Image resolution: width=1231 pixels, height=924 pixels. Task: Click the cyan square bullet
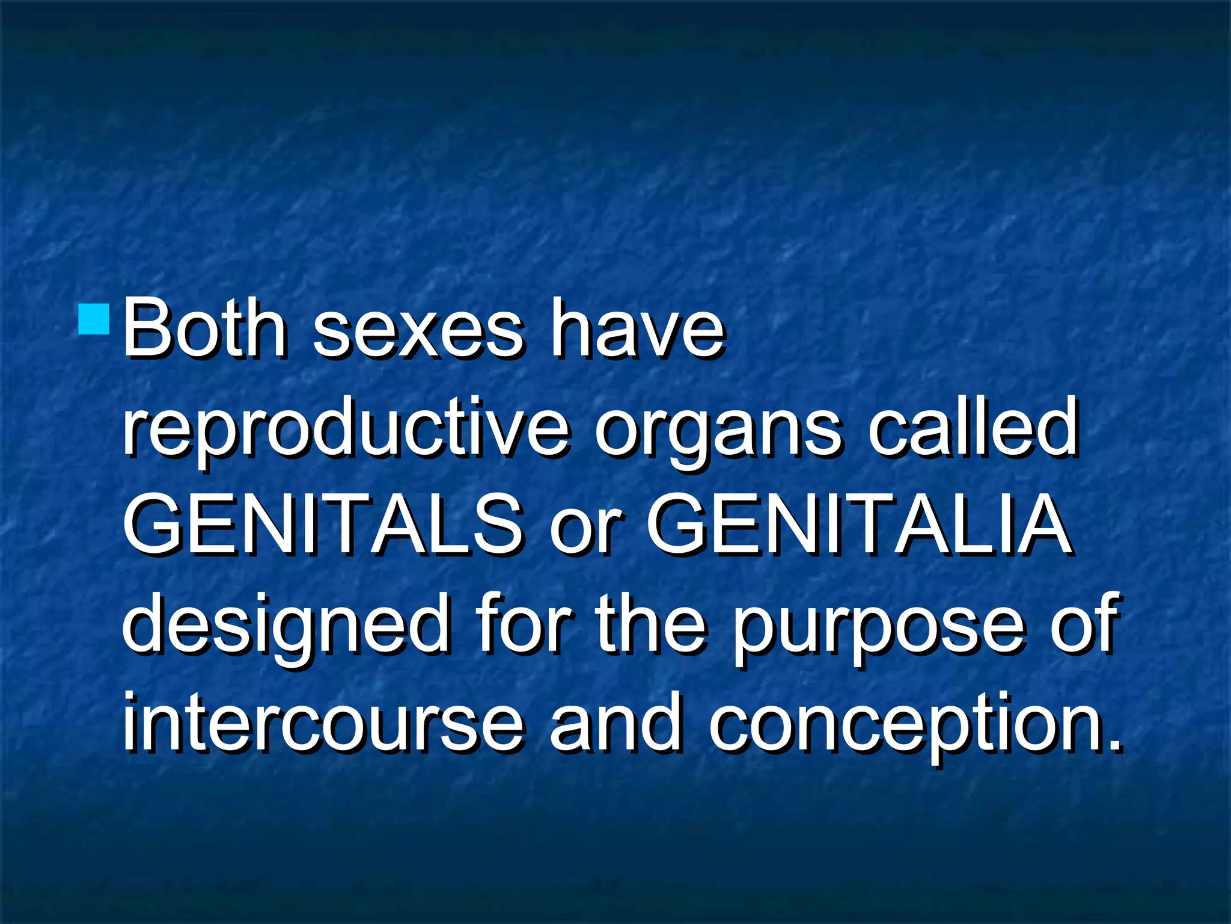[x=94, y=319]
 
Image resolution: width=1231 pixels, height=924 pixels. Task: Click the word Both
[x=204, y=329]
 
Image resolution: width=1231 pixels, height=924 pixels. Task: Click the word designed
[x=285, y=626]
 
